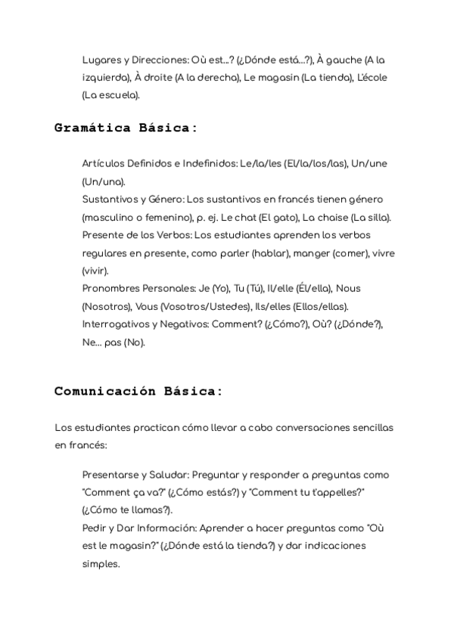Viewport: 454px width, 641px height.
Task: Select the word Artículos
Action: (104, 164)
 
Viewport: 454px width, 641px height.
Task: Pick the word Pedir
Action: (95, 528)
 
